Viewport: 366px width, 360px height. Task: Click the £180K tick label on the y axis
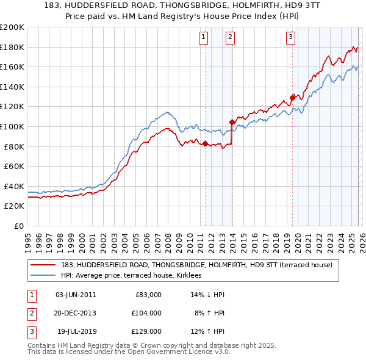point(12,47)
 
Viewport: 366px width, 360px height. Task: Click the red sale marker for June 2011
point(205,144)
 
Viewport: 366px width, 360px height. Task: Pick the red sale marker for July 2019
point(293,98)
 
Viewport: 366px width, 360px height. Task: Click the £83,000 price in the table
point(148,295)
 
